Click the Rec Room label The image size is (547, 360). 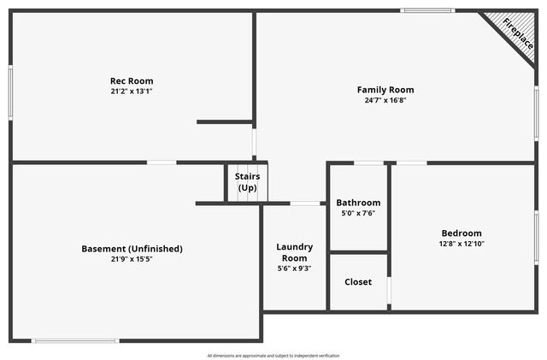coord(132,81)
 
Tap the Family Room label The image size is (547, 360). coord(385,90)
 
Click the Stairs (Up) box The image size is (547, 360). coord(247,182)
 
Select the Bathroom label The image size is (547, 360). coord(358,203)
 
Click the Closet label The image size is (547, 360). coord(358,281)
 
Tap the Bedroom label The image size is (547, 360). coord(462,233)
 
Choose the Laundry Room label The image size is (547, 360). coord(295,252)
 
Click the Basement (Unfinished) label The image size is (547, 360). coord(132,249)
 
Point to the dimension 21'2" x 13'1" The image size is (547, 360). coord(132,91)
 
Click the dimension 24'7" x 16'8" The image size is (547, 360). coord(385,100)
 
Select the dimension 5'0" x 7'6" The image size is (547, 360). coord(358,214)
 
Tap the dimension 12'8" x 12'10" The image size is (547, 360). coord(462,244)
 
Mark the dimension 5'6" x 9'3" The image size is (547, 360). coord(295,269)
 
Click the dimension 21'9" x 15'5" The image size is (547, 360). coord(132,259)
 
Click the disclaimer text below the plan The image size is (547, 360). coord(273,356)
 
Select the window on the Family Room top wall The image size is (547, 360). coord(427,11)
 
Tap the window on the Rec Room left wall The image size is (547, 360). coord(10,92)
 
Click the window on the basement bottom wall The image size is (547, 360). coord(75,341)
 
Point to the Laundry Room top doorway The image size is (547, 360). coord(305,204)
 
